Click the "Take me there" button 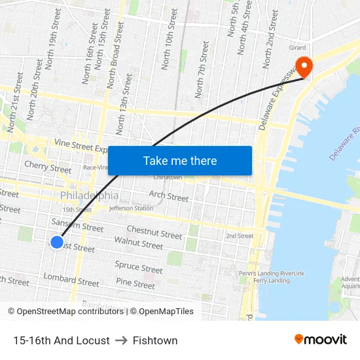[x=180, y=160]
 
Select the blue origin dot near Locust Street [x=57, y=242]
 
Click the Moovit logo [x=321, y=340]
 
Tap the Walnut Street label [x=138, y=243]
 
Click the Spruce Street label [x=139, y=267]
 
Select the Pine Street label [x=135, y=283]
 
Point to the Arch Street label [x=168, y=195]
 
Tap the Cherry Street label [x=48, y=168]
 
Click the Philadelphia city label [x=90, y=196]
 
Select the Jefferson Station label [x=131, y=208]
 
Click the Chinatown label [x=167, y=177]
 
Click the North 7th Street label [x=201, y=69]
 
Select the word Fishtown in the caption [x=155, y=340]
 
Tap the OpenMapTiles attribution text [x=162, y=312]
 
